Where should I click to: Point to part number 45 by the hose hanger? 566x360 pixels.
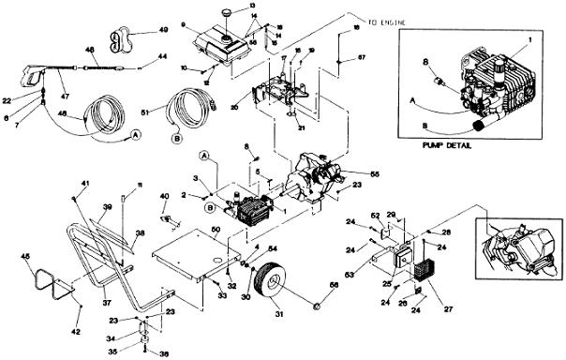pyautogui.click(x=25, y=257)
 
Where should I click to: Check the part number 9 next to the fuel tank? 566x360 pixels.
pyautogui.click(x=185, y=22)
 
